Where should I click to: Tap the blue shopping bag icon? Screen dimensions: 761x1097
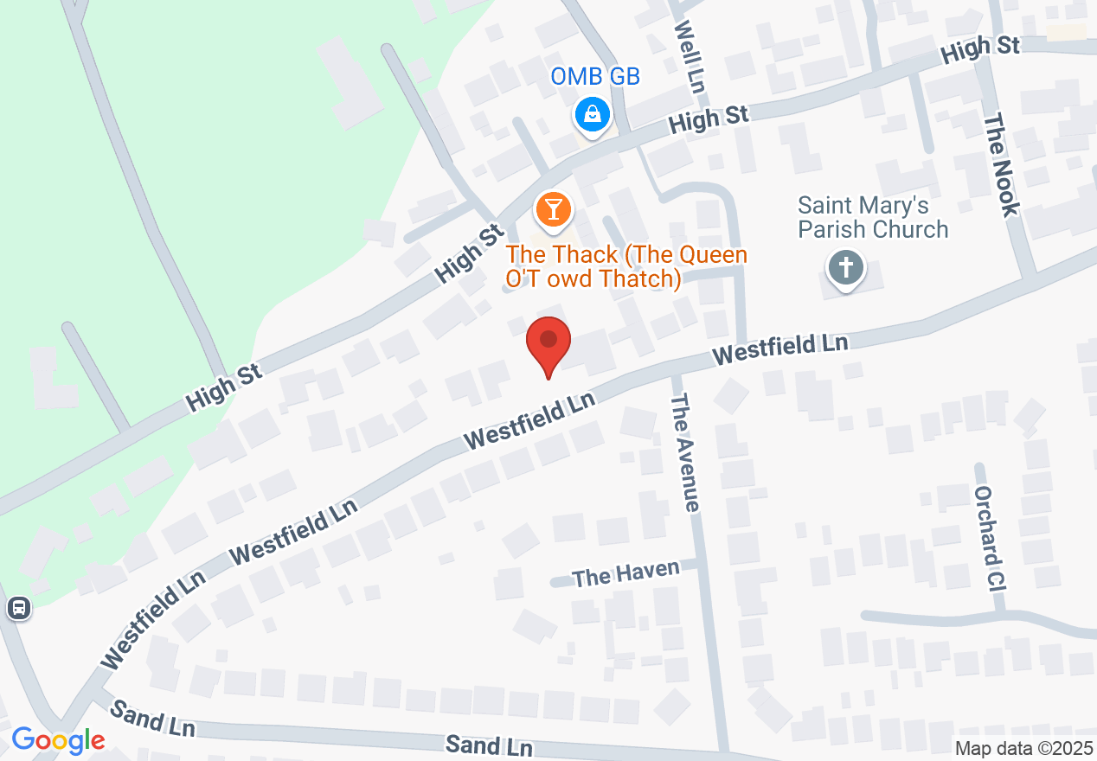(593, 113)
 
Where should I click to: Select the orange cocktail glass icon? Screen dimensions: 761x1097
(552, 209)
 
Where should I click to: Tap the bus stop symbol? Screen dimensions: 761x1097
(18, 608)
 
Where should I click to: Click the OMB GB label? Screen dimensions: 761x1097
(595, 77)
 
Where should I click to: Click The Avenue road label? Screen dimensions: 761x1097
(684, 451)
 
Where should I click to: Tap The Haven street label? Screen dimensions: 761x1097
(614, 574)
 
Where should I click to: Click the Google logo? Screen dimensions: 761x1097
(58, 741)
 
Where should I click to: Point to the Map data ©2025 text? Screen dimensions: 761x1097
(1023, 749)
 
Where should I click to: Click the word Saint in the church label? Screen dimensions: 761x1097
(826, 206)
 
